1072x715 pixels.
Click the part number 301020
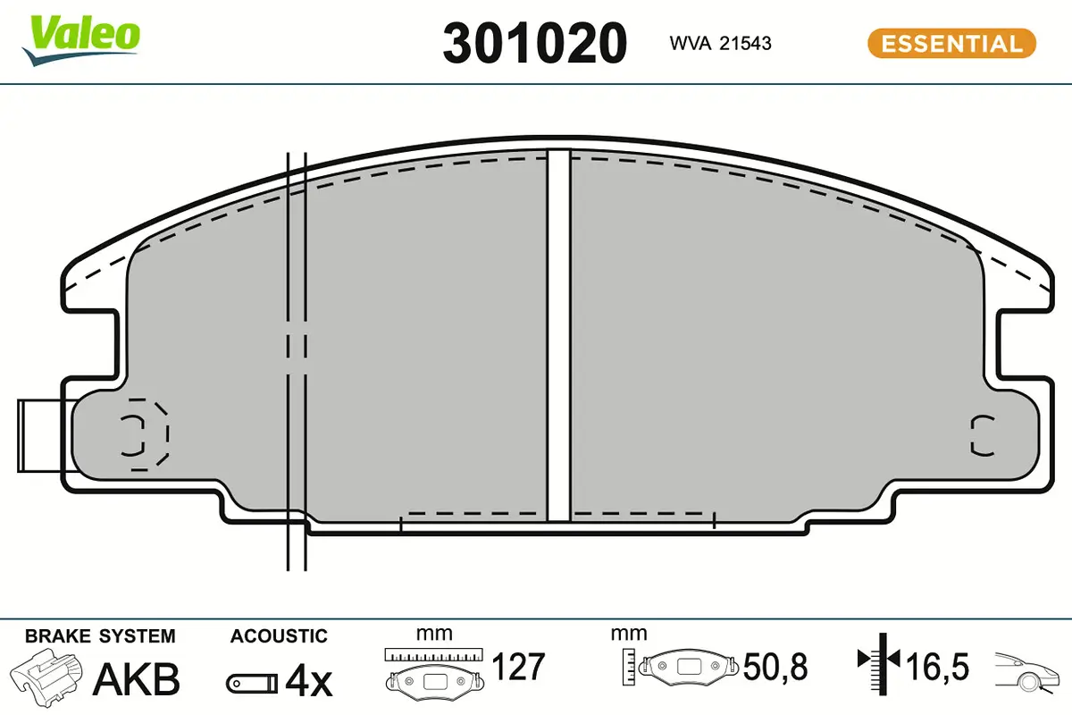point(534,43)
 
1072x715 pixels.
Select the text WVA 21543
point(720,43)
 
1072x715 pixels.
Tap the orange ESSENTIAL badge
point(951,43)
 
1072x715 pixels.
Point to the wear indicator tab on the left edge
point(40,436)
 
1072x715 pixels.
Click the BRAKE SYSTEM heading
point(100,636)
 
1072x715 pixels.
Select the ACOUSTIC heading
point(279,636)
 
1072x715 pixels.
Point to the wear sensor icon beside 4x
point(250,684)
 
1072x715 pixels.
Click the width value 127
point(518,666)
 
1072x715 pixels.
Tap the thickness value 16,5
point(937,667)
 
